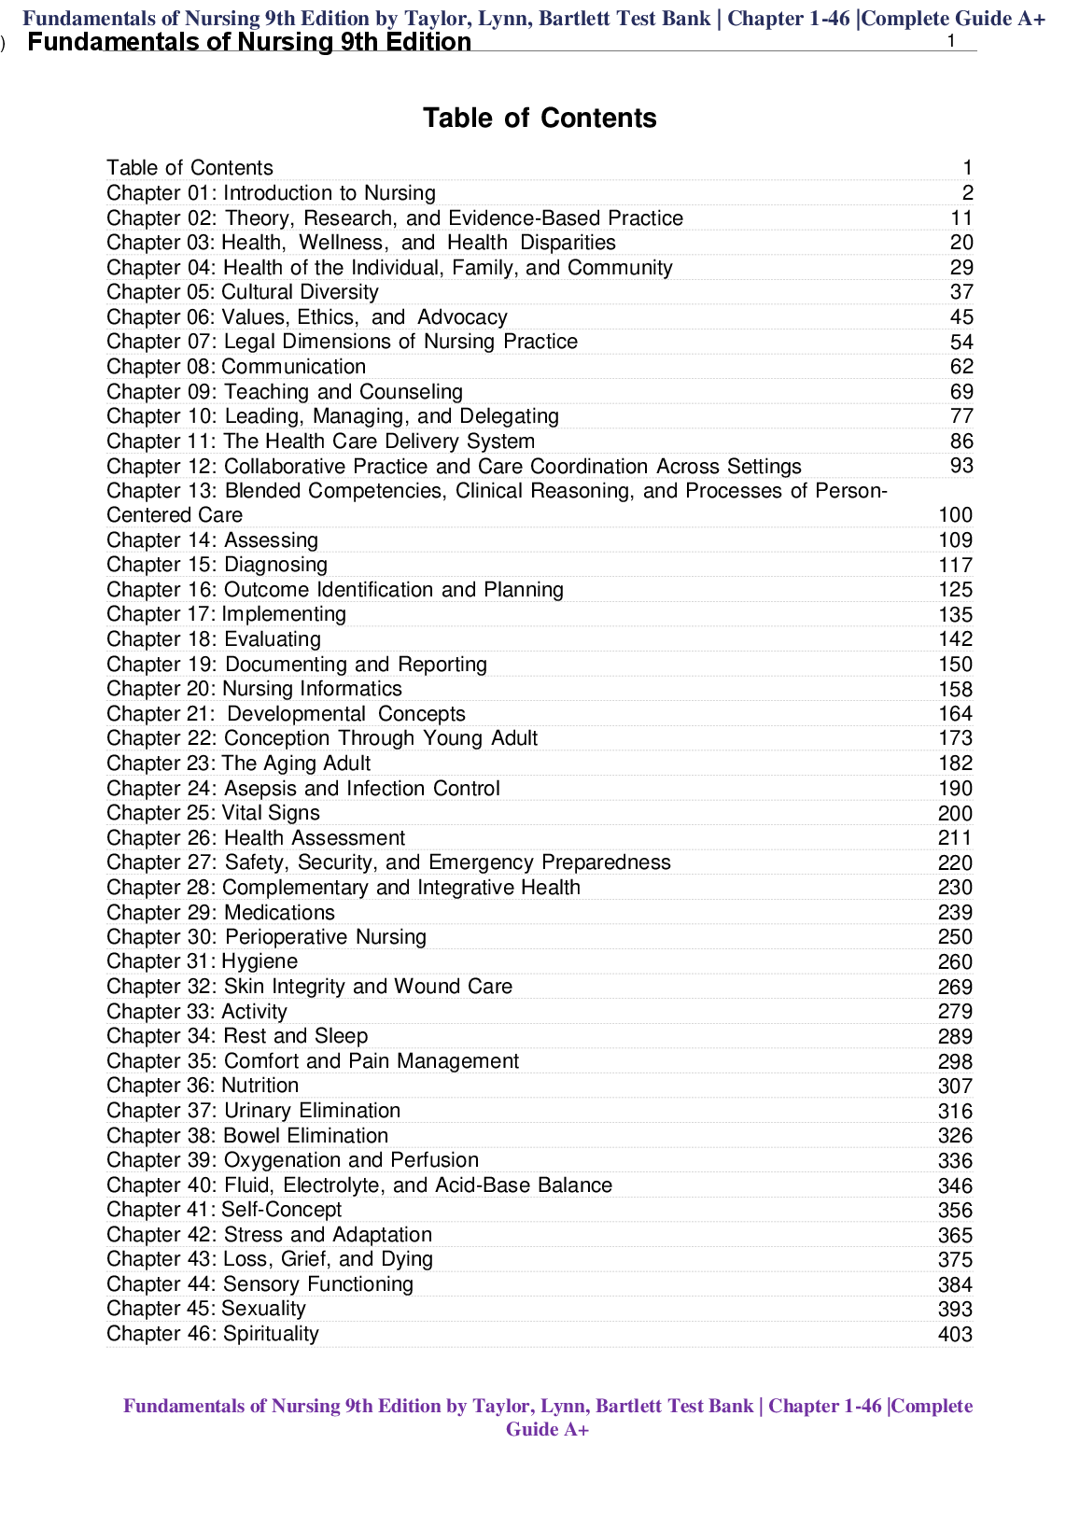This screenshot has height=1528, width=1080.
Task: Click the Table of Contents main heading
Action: [540, 119]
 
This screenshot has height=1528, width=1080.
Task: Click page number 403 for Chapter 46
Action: [955, 1335]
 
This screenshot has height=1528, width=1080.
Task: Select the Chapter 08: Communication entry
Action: [236, 367]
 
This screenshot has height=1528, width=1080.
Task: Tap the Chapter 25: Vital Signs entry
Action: [213, 813]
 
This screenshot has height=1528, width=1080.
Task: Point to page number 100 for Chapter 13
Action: [955, 515]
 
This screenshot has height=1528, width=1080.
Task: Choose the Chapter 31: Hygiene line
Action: [202, 961]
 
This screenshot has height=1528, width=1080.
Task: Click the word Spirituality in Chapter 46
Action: [271, 1334]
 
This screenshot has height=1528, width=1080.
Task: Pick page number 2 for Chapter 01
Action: [968, 193]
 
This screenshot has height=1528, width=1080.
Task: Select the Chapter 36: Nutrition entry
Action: [203, 1086]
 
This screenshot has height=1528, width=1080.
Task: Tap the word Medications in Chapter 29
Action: [279, 913]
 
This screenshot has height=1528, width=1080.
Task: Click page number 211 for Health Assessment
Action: [955, 838]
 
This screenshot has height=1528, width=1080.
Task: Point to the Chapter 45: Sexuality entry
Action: [205, 1309]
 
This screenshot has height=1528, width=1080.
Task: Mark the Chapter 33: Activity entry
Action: [197, 1012]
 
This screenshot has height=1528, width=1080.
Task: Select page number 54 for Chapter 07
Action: [961, 343]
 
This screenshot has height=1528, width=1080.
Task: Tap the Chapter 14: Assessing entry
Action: [212, 540]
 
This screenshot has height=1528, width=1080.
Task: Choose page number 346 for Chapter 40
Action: [955, 1186]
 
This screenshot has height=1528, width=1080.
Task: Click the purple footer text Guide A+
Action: [547, 1429]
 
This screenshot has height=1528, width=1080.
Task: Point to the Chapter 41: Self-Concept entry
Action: [224, 1210]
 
